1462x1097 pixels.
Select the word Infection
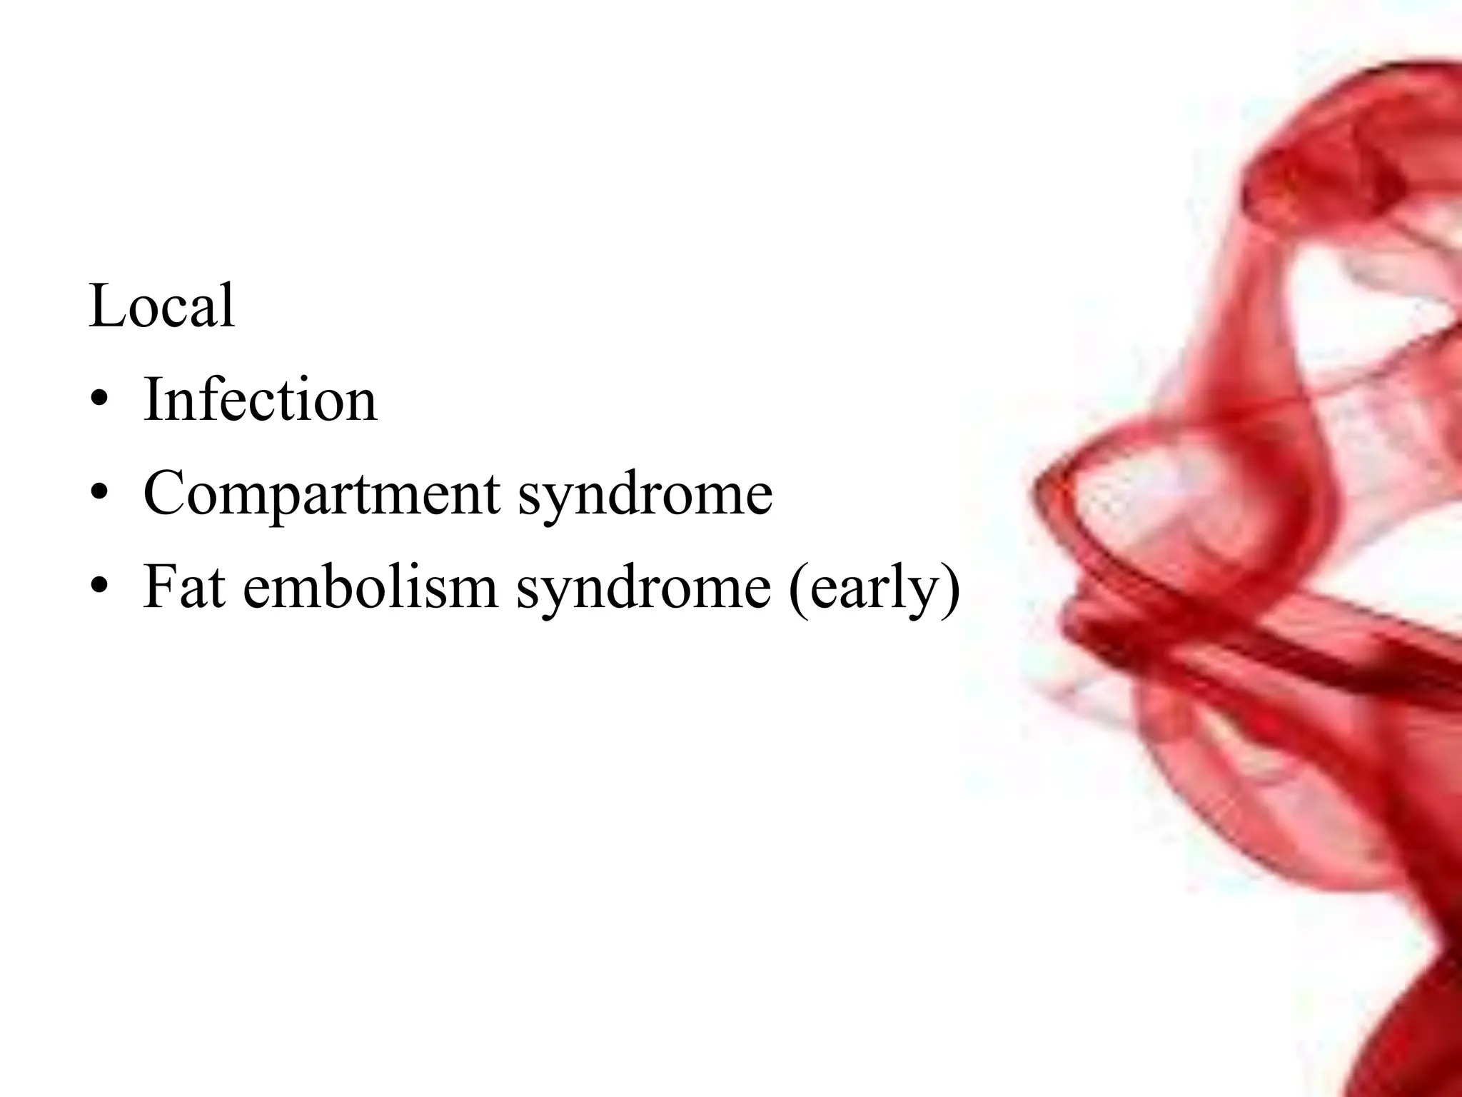[x=260, y=399]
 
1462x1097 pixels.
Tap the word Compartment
[x=321, y=494]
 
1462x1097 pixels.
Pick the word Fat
[x=185, y=587]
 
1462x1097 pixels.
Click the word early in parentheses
[x=874, y=588]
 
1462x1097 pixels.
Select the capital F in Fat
[x=161, y=587]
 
